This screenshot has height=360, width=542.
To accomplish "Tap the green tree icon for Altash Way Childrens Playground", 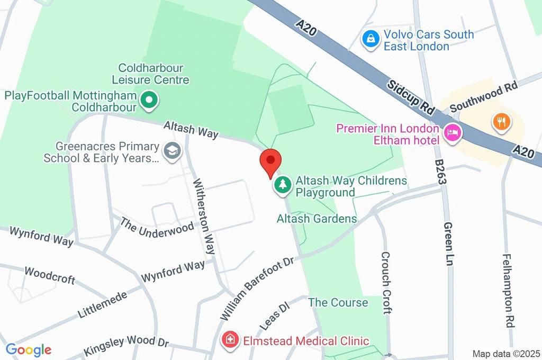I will [283, 185].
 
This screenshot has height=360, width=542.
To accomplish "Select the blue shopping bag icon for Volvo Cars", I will [371, 39].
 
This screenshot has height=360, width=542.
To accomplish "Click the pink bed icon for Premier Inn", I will [453, 132].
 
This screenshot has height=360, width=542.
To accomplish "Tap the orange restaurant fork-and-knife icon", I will [500, 121].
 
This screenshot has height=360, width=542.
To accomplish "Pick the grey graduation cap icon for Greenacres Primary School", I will [172, 151].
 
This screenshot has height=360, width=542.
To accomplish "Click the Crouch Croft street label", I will [386, 283].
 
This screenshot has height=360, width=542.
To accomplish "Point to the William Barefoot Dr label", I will [257, 289].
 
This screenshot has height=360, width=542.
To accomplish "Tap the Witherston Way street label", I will [204, 217].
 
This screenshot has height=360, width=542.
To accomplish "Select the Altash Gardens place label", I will [317, 218].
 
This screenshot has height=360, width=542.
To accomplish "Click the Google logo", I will [29, 350].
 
